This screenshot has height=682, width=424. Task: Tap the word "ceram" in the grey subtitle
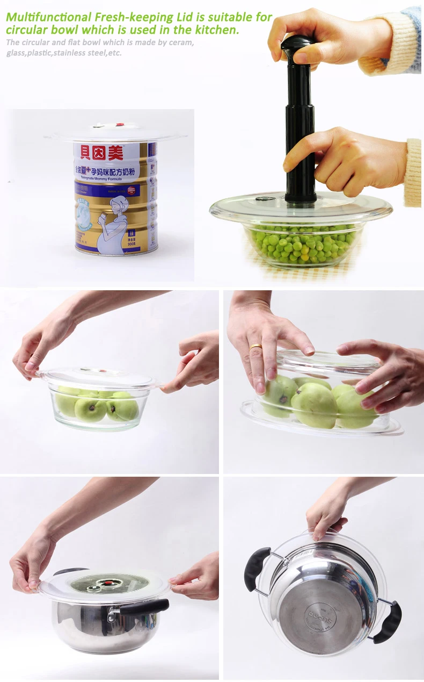coord(181,42)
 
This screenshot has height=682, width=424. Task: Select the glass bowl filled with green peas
coord(302,245)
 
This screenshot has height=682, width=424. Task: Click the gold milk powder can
coord(115,199)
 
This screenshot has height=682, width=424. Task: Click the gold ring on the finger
coord(255,347)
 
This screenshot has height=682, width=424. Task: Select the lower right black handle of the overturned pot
coord(388,622)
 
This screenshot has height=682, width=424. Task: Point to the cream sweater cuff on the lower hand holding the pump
coord(413,172)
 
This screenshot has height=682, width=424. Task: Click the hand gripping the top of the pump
coord(333,38)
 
